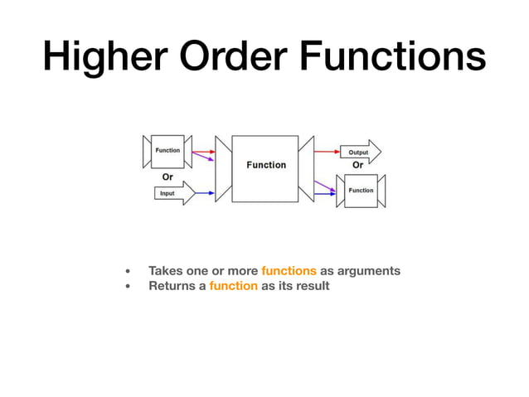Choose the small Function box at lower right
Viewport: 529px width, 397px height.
pos(361,191)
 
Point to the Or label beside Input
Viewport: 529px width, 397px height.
pos(167,177)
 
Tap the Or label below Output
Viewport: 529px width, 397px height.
pos(358,165)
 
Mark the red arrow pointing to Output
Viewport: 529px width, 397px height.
pos(327,153)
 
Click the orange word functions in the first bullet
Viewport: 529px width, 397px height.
pos(289,271)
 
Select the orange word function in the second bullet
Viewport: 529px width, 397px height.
pos(233,286)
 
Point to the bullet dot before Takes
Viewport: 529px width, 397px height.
pos(128,272)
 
